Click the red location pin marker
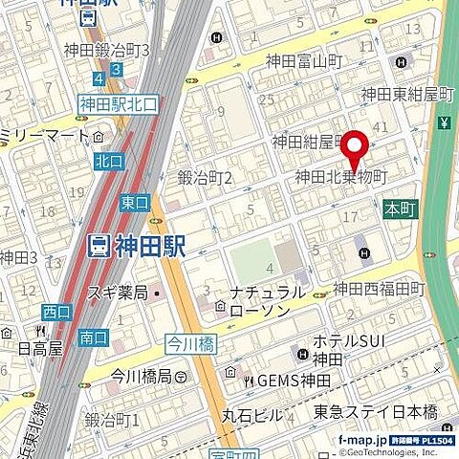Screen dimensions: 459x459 [x=356, y=151]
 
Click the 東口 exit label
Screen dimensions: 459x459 [x=135, y=202]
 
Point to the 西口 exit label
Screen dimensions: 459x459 [x=55, y=312]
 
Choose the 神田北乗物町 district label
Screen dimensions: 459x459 [x=340, y=177]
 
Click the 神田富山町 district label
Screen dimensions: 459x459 [x=309, y=61]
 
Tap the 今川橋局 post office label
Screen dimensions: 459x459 [x=146, y=375]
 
